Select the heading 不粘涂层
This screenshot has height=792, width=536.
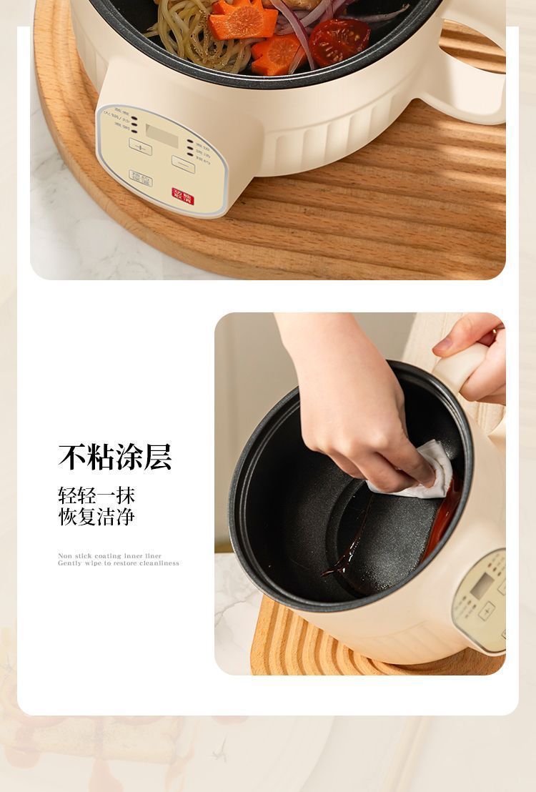click(x=115, y=457)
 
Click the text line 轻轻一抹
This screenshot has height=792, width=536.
click(x=96, y=495)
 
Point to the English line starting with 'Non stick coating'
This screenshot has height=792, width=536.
click(x=109, y=555)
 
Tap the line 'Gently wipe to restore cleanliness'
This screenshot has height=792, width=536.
click(x=118, y=563)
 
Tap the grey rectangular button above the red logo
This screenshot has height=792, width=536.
click(x=141, y=177)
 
